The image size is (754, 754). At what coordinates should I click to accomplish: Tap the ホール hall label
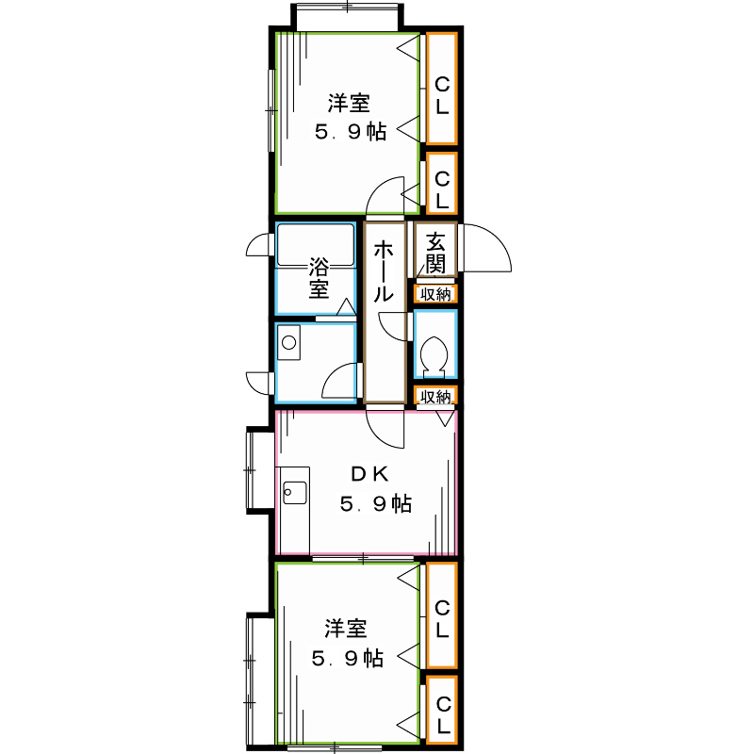click(384, 271)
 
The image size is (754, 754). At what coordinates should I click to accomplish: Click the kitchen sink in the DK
click(294, 491)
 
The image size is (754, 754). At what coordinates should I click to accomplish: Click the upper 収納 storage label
click(435, 294)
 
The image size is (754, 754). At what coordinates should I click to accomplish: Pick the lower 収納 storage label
click(435, 397)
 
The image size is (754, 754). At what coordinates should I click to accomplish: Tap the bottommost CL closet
click(442, 716)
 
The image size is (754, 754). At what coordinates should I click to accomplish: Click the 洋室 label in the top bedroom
click(349, 102)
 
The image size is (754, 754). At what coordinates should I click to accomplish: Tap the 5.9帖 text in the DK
click(375, 504)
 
